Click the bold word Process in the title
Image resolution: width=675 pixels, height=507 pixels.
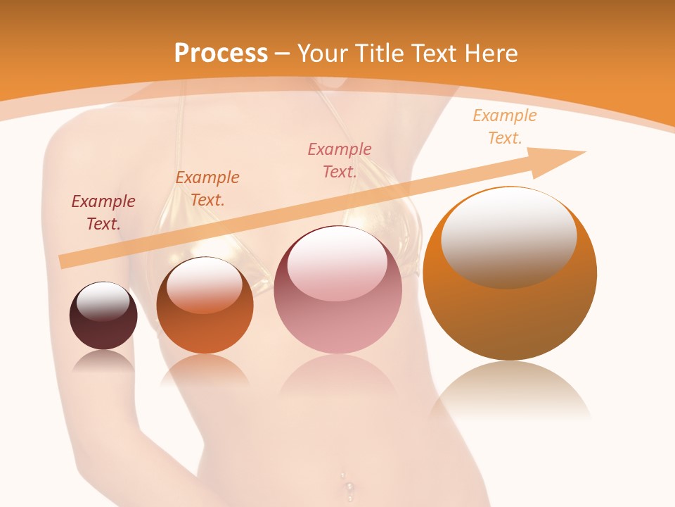tap(221, 53)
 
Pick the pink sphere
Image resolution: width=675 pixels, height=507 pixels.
tap(338, 290)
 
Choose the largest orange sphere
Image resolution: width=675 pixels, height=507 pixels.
tap(510, 274)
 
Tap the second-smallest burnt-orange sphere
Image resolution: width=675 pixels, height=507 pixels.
tap(205, 306)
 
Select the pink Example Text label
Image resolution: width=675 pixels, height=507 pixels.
tap(340, 160)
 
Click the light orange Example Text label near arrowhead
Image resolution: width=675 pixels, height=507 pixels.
tap(505, 127)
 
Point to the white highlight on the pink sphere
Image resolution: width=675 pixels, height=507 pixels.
tap(337, 264)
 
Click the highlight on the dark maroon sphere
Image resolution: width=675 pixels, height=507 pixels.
tap(103, 302)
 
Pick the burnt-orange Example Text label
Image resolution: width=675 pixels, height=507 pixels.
tap(207, 188)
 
